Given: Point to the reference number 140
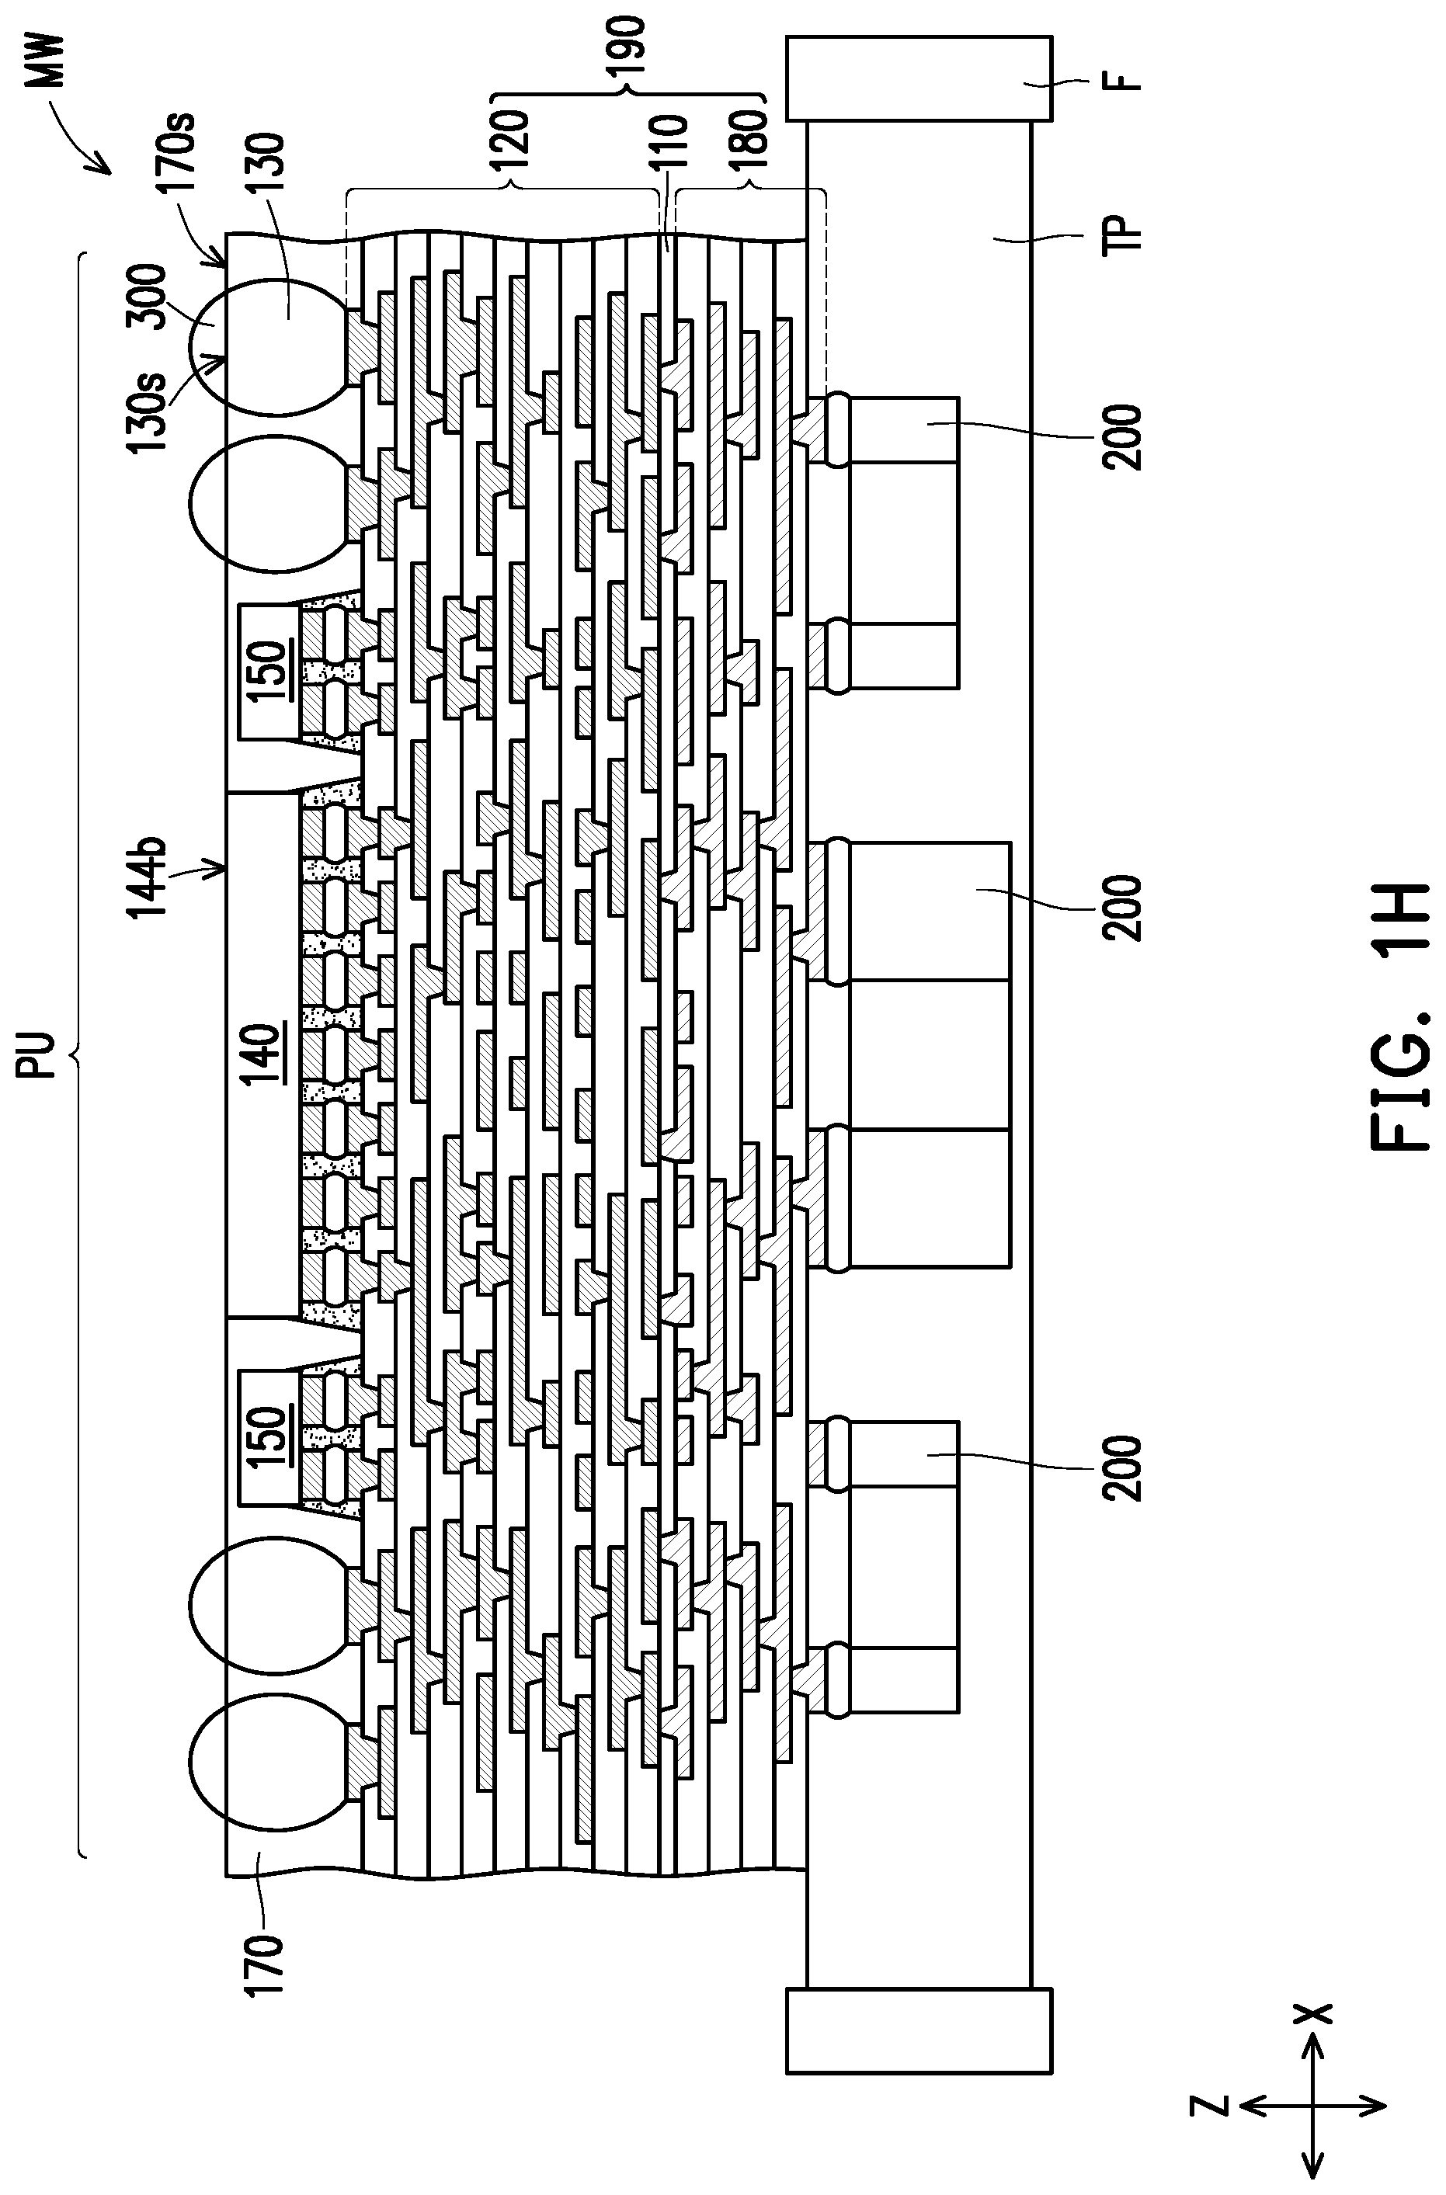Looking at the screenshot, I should tap(261, 1052).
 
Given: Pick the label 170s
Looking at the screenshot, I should tap(176, 148).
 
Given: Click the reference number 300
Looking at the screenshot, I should tap(147, 296).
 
